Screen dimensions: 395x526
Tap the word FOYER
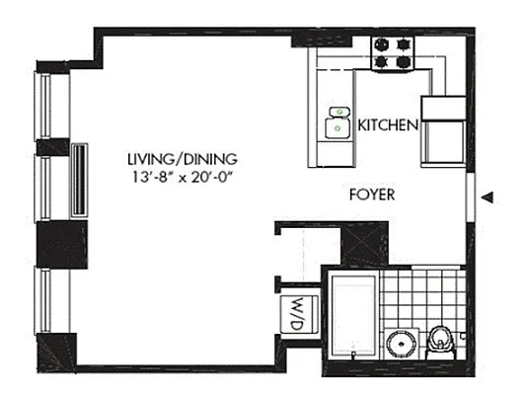372,195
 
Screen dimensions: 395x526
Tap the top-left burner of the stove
383,43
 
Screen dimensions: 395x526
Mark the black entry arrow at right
486,200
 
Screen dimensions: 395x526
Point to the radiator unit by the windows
77,179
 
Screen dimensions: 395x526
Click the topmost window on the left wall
45,106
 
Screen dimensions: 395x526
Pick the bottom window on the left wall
45,300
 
